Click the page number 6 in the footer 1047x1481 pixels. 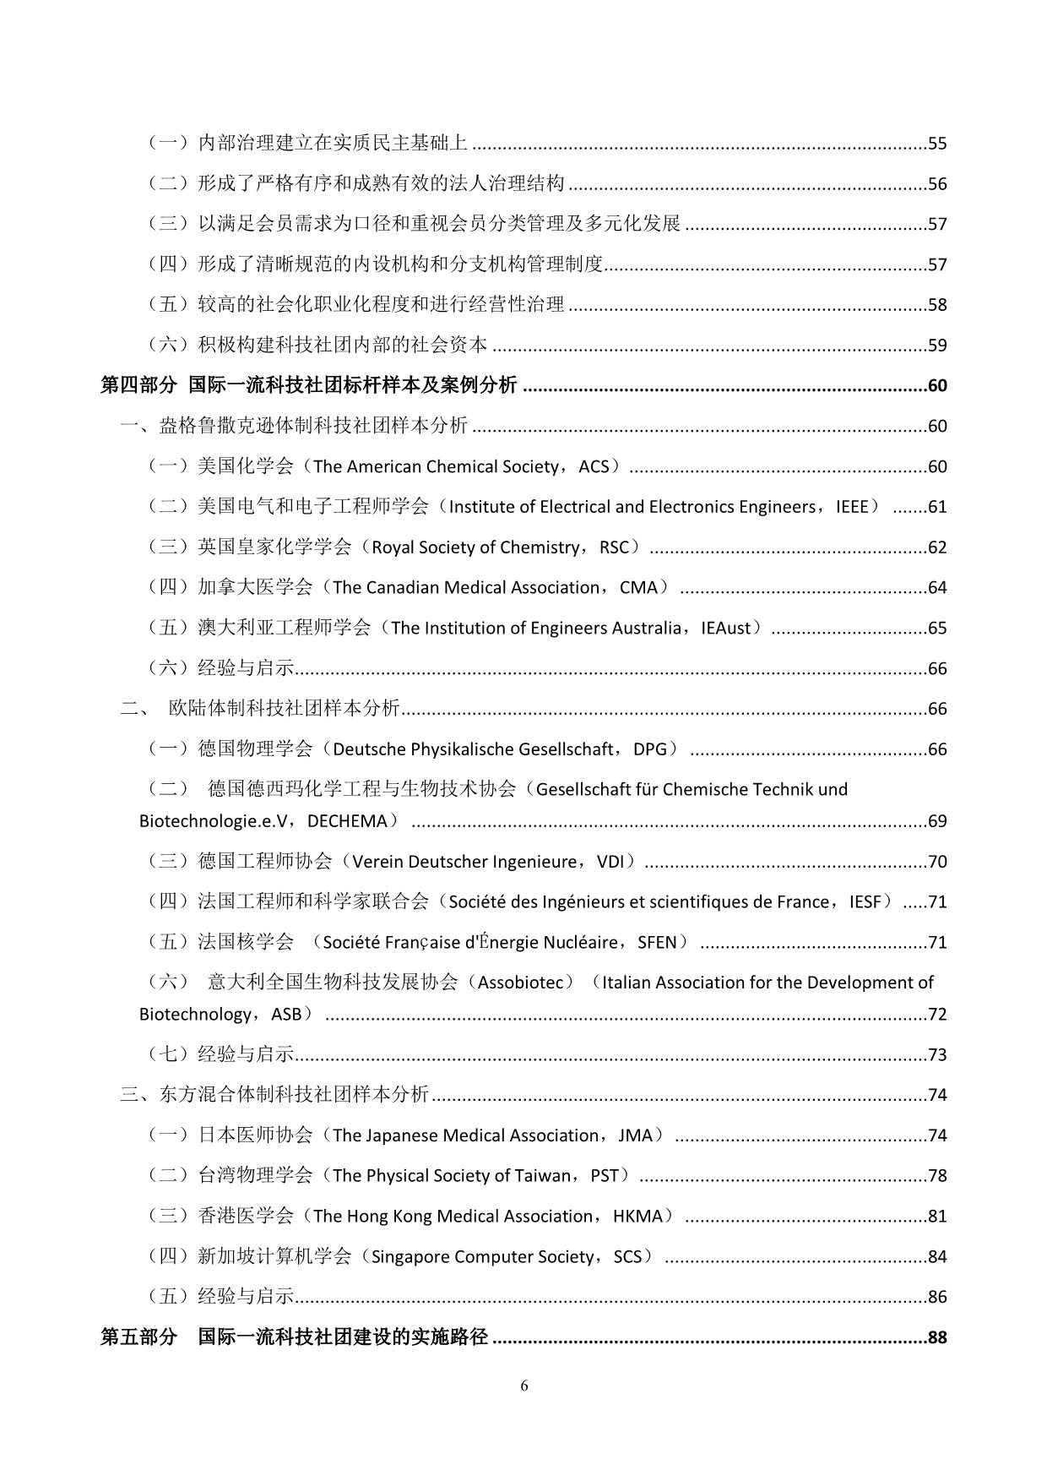524,1386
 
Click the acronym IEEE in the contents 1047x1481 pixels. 852,507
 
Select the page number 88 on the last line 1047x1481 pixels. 937,1337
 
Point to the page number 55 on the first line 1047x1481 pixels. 937,144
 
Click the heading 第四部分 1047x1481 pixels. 138,385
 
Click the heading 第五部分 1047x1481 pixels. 138,1337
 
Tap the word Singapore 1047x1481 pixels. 406,1256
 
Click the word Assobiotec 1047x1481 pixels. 526,983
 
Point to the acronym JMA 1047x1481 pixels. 635,1135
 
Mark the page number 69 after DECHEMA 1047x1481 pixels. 937,821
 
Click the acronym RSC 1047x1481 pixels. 614,547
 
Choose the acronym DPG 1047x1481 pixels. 649,749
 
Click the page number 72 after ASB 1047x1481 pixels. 937,1015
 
